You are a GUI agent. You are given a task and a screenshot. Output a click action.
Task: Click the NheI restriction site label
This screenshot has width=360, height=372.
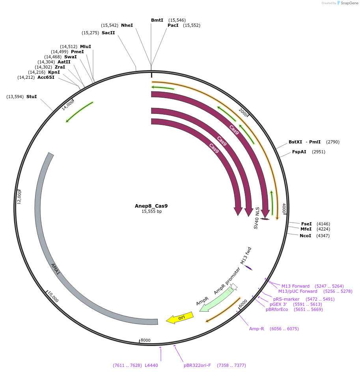(127, 25)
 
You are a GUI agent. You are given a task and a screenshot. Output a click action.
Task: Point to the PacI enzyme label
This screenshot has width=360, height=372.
(173, 25)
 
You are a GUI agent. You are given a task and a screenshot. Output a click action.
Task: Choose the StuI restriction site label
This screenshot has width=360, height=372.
(32, 97)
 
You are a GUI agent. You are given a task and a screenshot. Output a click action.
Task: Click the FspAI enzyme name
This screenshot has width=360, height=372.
(299, 152)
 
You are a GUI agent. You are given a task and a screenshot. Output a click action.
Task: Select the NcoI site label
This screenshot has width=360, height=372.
(306, 236)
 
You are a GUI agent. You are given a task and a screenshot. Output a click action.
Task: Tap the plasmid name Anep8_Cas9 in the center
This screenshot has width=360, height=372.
(151, 206)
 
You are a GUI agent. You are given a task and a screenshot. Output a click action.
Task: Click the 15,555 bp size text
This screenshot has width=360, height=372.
(151, 212)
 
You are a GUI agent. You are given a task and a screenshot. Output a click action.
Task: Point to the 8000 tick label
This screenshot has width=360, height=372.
(145, 340)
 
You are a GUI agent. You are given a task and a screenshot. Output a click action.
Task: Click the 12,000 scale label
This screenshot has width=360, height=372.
(19, 197)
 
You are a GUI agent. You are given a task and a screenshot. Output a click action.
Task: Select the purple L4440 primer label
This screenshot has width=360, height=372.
(151, 365)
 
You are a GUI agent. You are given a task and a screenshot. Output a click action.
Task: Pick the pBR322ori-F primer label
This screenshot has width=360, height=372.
(197, 365)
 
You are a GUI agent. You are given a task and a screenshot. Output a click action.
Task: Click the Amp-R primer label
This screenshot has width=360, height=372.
(257, 329)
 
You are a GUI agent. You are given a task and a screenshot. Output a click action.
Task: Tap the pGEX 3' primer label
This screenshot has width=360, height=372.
(279, 304)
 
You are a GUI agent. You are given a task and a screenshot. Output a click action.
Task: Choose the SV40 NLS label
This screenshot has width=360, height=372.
(256, 218)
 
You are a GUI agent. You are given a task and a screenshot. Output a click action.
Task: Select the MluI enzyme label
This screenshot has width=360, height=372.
(86, 46)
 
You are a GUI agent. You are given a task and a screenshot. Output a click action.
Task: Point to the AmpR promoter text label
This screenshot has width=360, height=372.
(227, 281)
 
